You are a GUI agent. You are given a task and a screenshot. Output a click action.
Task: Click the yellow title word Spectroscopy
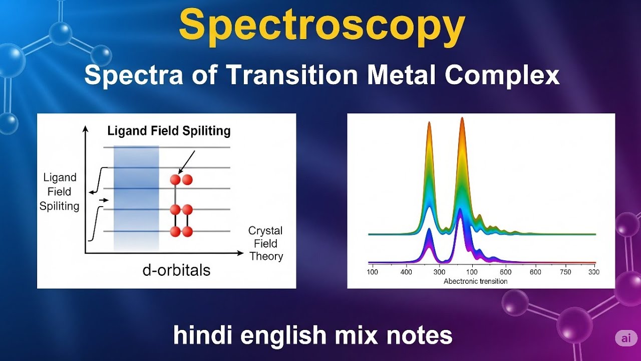[322, 25]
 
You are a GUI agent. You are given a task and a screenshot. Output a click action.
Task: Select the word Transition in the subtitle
[291, 75]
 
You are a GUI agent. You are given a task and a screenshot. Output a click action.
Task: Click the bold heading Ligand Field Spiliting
[169, 131]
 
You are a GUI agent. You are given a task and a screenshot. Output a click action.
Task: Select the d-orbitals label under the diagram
[176, 271]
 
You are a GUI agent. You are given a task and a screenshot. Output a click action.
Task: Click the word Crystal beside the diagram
[265, 231]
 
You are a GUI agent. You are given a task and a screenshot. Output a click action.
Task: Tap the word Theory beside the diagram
[266, 257]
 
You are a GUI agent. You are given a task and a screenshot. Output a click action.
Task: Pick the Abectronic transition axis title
[475, 281]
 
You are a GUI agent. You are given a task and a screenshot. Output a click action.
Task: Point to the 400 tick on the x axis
[406, 272]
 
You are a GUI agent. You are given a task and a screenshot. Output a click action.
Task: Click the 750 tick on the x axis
[565, 272]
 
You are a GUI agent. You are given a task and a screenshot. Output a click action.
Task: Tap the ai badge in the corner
[626, 338]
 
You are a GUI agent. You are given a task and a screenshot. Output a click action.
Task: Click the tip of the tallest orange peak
[462, 119]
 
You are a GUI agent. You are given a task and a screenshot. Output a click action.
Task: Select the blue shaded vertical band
[136, 198]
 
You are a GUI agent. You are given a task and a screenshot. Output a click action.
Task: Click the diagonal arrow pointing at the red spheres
[186, 161]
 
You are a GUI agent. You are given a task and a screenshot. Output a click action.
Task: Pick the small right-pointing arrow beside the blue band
[104, 200]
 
